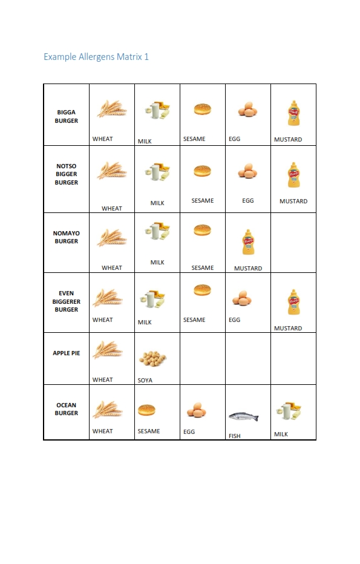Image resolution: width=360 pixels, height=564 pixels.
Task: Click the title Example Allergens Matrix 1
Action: pyautogui.click(x=96, y=57)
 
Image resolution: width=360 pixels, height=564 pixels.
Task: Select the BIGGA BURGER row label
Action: pyautogui.click(x=67, y=116)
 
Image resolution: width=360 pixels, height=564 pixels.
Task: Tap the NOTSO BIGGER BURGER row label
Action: pyautogui.click(x=67, y=174)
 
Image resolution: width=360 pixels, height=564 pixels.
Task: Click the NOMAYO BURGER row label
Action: pyautogui.click(x=67, y=237)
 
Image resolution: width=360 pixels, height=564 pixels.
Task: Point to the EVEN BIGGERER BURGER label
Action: pyautogui.click(x=67, y=301)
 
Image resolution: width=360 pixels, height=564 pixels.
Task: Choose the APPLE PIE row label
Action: pyautogui.click(x=67, y=353)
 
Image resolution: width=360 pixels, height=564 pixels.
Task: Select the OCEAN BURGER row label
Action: pyautogui.click(x=67, y=409)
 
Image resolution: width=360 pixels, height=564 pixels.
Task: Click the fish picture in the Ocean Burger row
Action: pyautogui.click(x=244, y=417)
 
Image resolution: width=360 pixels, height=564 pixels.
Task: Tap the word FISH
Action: pyautogui.click(x=235, y=436)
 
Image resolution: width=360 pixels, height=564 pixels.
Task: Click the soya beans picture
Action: pyautogui.click(x=152, y=359)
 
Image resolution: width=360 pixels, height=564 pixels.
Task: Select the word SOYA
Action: pyautogui.click(x=145, y=381)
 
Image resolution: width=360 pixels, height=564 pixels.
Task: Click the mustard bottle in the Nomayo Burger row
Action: pyautogui.click(x=247, y=242)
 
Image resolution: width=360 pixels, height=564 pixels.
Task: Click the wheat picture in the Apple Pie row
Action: pyautogui.click(x=108, y=350)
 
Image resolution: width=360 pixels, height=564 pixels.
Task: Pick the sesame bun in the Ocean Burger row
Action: pyautogui.click(x=147, y=411)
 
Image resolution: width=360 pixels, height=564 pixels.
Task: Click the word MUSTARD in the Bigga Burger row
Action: pyautogui.click(x=288, y=140)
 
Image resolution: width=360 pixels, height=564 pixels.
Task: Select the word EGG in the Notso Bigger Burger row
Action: pyautogui.click(x=248, y=201)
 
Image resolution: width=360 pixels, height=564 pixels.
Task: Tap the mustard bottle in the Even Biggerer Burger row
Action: pyautogui.click(x=293, y=302)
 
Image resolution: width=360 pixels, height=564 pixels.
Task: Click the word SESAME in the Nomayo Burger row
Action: pyautogui.click(x=203, y=268)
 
